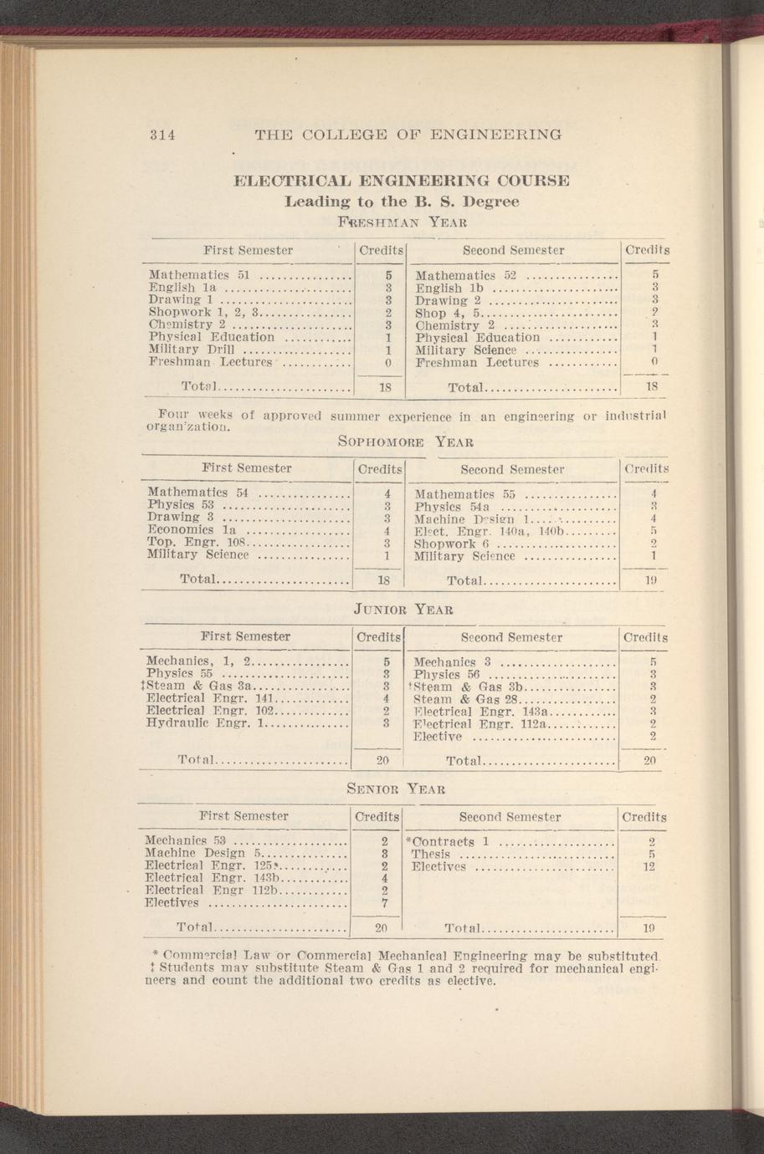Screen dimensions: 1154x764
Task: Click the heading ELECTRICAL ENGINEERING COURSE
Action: tap(401, 181)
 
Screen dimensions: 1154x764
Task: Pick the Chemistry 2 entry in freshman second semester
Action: tap(456, 325)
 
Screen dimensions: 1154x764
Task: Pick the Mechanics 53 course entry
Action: tap(187, 840)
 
